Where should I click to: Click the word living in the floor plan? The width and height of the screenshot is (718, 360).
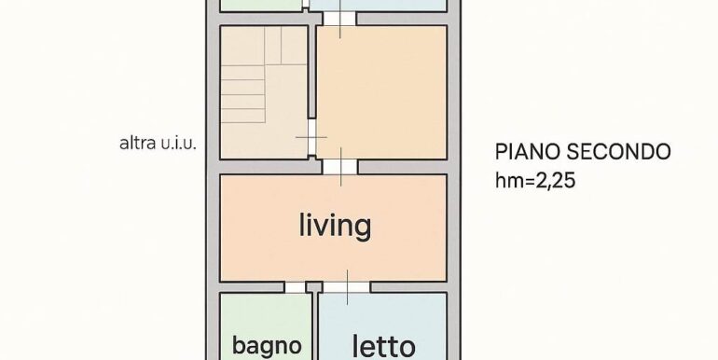335,226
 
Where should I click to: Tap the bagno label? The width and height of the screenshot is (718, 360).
267,346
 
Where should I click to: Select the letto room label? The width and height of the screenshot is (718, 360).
384,347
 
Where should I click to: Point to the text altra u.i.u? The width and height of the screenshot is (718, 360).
158,144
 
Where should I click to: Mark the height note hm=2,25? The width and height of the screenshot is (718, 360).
535,180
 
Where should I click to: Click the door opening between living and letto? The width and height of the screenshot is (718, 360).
347,287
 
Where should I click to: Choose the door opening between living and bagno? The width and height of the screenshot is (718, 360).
296,287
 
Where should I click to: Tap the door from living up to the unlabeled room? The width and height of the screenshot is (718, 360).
339,167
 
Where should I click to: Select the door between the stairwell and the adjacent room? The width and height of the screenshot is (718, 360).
311,137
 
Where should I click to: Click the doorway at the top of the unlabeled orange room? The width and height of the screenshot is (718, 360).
339,19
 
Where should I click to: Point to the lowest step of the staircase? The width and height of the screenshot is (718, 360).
243,116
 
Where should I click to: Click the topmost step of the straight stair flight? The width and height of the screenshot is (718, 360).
243,73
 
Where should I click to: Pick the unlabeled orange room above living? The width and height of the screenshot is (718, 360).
382,92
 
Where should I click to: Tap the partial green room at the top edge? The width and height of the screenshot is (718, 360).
261,5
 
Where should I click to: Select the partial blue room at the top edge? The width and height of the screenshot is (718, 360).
379,5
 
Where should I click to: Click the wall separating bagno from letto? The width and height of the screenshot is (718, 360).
315,326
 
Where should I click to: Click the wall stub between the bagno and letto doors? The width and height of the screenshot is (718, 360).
314,287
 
